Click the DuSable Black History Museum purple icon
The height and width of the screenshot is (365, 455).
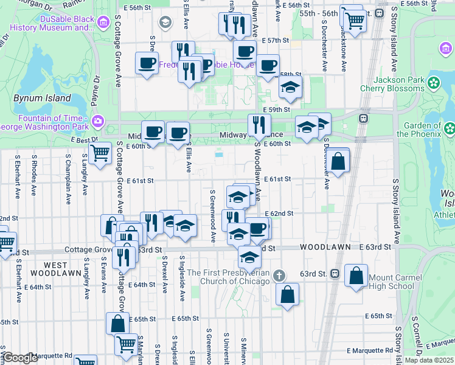[x=103, y=23]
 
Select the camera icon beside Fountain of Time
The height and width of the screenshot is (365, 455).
[x=98, y=122]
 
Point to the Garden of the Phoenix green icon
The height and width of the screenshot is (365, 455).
[x=449, y=128]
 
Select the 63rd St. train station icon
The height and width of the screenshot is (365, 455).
[x=335, y=274]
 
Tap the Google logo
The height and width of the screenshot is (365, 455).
[x=21, y=358]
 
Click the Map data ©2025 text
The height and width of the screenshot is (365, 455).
[x=429, y=360]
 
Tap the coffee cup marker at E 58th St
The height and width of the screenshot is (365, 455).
[x=267, y=65]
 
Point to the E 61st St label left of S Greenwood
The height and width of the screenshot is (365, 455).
[x=141, y=181]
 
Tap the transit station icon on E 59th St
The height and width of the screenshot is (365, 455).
[x=364, y=118]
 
